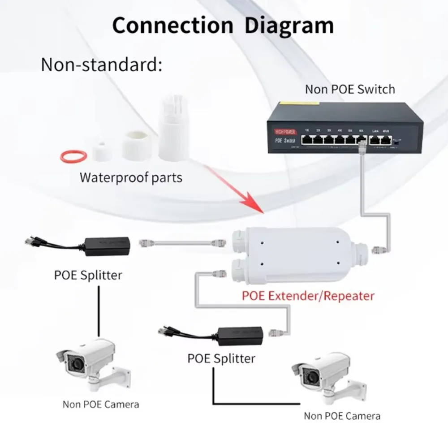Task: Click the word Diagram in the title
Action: tap(289, 25)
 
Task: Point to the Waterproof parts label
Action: tap(131, 177)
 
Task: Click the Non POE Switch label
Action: tap(350, 89)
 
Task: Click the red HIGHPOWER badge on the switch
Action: tap(284, 132)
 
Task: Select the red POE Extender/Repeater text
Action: tap(308, 295)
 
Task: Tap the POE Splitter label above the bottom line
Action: tap(221, 358)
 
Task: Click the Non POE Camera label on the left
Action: tap(101, 405)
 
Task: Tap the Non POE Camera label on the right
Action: tap(342, 416)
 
